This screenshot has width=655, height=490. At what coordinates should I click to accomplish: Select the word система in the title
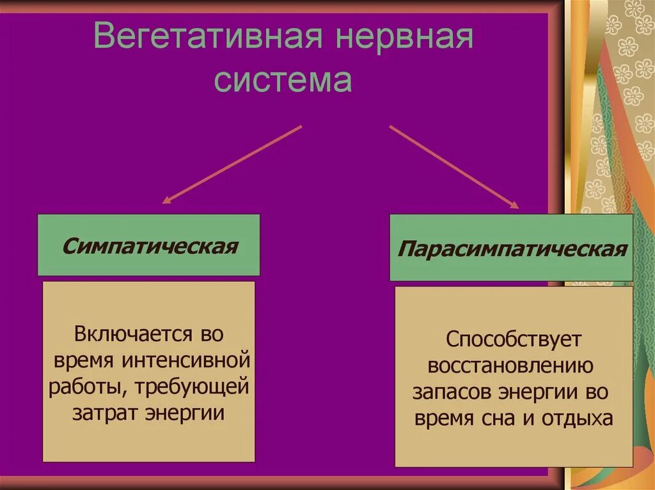point(283,81)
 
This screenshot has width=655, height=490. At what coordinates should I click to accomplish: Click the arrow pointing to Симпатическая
point(231,164)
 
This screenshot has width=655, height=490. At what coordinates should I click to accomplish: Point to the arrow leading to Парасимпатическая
point(454,166)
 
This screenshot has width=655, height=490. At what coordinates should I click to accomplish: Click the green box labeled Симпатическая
point(149,245)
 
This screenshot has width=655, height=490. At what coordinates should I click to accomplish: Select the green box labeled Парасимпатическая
point(511,248)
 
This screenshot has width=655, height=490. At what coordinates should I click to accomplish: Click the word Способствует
point(511,339)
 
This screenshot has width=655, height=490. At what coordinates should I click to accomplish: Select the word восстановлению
point(512,365)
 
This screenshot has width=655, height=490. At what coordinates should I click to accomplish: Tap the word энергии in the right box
point(537,392)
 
